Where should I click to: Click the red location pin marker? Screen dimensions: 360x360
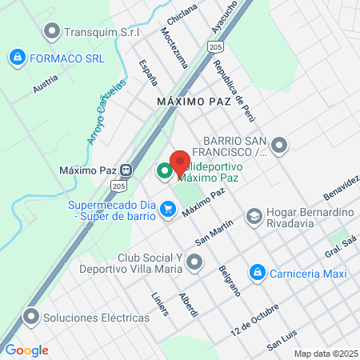[180, 162]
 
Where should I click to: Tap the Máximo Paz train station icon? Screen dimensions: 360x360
[126, 170]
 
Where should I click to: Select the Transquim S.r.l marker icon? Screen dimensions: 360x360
[53, 32]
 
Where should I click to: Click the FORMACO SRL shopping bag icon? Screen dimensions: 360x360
[17, 58]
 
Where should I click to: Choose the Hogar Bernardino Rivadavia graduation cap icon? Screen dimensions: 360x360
[254, 216]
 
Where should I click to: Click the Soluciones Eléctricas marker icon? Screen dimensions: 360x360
[32, 317]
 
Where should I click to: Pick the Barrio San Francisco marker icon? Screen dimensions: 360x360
[279, 146]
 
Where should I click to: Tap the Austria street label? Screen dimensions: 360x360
[46, 86]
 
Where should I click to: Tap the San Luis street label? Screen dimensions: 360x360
[283, 340]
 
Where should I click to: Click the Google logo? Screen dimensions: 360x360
[26, 350]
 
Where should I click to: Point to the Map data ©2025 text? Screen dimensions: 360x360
[323, 354]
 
